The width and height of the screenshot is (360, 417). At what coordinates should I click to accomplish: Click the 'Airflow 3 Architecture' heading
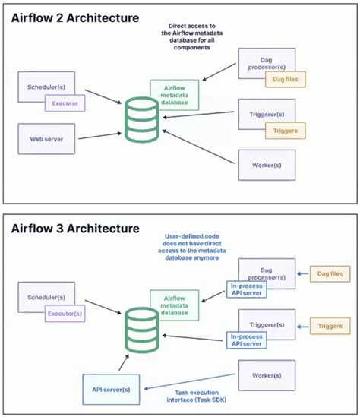(x=74, y=227)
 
